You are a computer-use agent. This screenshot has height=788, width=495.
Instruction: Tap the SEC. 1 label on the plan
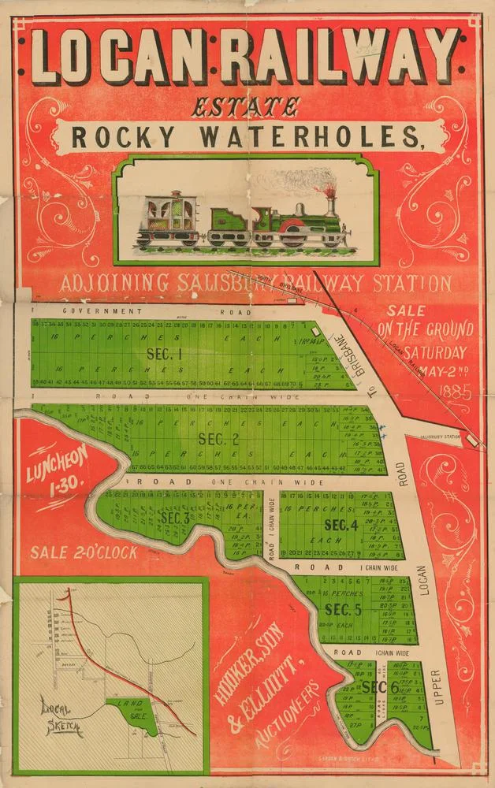point(165,354)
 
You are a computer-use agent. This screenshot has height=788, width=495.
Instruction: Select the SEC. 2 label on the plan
point(218,439)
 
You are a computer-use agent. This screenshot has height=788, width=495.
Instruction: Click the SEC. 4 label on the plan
point(342,524)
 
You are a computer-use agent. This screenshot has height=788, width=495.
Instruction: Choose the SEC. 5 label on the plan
point(342,609)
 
